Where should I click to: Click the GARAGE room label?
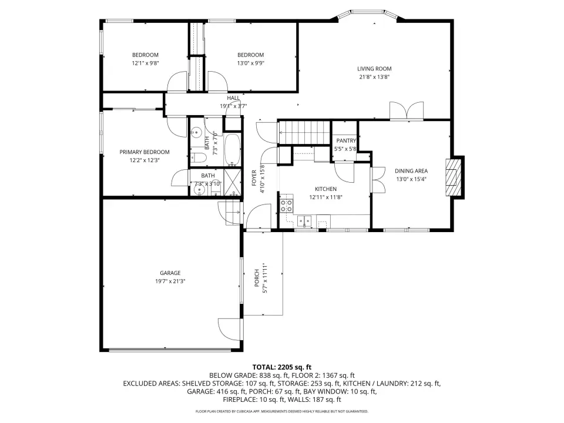coord(170,273)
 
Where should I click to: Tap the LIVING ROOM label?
coord(374,69)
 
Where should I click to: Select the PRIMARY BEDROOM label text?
coord(145,152)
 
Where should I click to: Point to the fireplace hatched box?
coord(454,177)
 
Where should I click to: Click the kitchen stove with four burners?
coord(287,206)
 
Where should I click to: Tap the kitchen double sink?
coord(304,221)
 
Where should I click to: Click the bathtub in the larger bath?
coord(233,150)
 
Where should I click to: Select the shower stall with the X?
coord(232,182)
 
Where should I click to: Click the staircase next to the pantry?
coord(304,132)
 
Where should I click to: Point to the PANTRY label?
coord(346,140)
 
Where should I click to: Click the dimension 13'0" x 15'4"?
coord(411,179)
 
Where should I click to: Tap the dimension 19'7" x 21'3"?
coord(170,281)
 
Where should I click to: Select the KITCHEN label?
coord(326,189)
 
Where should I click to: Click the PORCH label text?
coord(257,278)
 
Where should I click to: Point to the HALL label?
coord(233,98)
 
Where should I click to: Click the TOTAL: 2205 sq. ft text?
coord(282,367)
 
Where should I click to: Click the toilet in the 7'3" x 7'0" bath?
coord(198,157)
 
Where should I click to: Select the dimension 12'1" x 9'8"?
coord(145,63)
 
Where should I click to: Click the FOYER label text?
coord(254,177)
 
